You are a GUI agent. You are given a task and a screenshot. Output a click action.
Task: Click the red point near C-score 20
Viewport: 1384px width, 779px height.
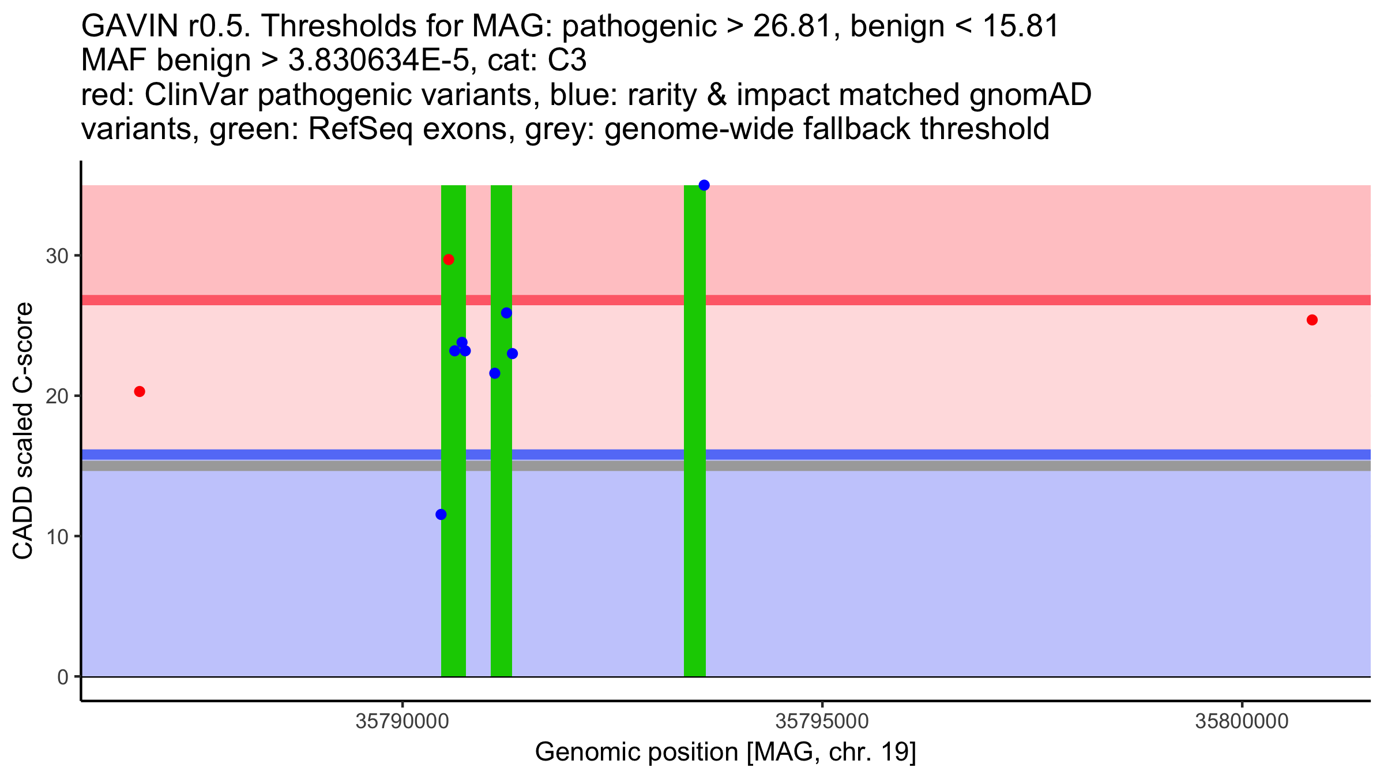[140, 392]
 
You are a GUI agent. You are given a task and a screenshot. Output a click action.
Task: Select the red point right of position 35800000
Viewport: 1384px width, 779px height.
[1312, 320]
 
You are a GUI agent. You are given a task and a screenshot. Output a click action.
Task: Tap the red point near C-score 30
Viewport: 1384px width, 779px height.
[449, 260]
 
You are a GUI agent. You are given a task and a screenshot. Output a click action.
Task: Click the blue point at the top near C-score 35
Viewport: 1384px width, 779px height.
[704, 185]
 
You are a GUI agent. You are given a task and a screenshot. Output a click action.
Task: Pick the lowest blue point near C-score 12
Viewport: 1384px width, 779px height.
[441, 515]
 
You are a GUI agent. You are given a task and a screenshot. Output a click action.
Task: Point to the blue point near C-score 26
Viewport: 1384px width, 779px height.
[506, 313]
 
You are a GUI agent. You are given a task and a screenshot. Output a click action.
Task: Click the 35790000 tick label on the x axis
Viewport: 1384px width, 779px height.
[402, 721]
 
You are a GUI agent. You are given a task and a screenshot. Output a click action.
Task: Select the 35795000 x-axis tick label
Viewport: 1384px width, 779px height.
[822, 721]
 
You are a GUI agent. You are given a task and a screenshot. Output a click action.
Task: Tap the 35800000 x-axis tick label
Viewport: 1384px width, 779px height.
[1242, 721]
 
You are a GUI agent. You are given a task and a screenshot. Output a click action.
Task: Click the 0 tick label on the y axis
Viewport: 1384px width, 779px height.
[63, 677]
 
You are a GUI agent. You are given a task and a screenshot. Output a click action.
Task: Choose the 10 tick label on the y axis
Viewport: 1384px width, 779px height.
[57, 537]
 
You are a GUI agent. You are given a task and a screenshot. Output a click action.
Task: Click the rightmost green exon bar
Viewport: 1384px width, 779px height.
[695, 431]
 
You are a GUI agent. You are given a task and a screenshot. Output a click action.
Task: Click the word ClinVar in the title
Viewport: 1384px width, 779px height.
[197, 95]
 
